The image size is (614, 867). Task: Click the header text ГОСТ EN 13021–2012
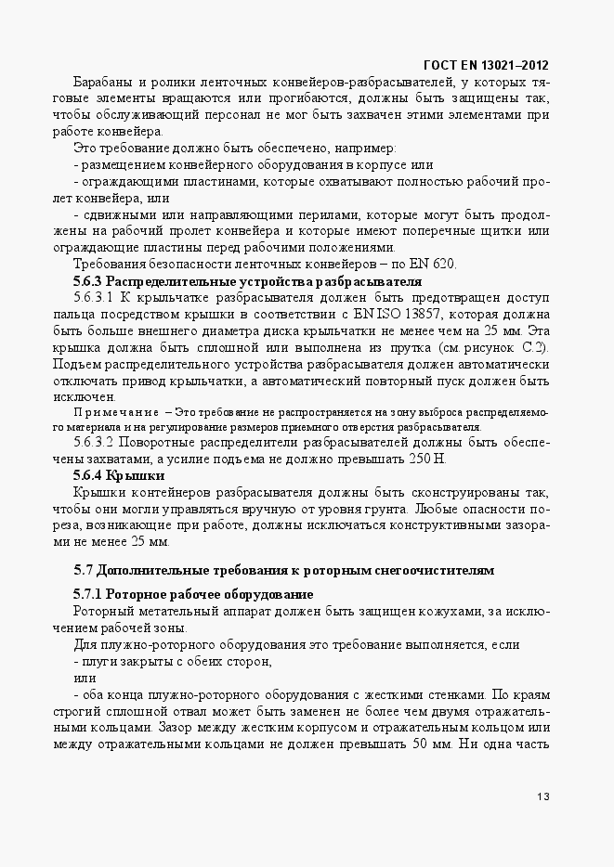485,65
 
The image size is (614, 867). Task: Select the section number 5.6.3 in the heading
88,281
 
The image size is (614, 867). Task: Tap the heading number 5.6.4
88,476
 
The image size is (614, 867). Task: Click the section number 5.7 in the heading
84,569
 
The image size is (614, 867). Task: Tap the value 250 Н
426,459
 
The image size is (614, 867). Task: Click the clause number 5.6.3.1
93,298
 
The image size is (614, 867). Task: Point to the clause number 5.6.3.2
93,442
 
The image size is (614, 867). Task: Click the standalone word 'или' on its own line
85,678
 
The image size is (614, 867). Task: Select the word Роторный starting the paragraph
99,610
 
